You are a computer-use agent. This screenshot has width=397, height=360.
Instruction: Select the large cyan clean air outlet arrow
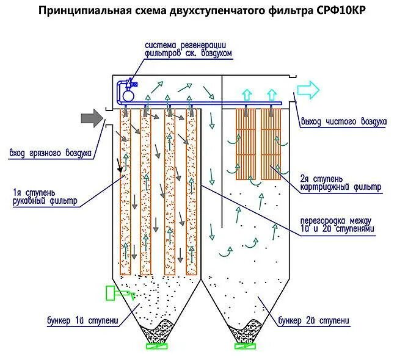coord(308,91)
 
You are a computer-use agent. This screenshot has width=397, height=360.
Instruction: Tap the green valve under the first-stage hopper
coord(157,347)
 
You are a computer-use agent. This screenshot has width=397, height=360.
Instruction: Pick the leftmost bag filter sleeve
coord(126,192)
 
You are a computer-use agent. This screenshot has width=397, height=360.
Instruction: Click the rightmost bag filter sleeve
coord(191,192)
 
